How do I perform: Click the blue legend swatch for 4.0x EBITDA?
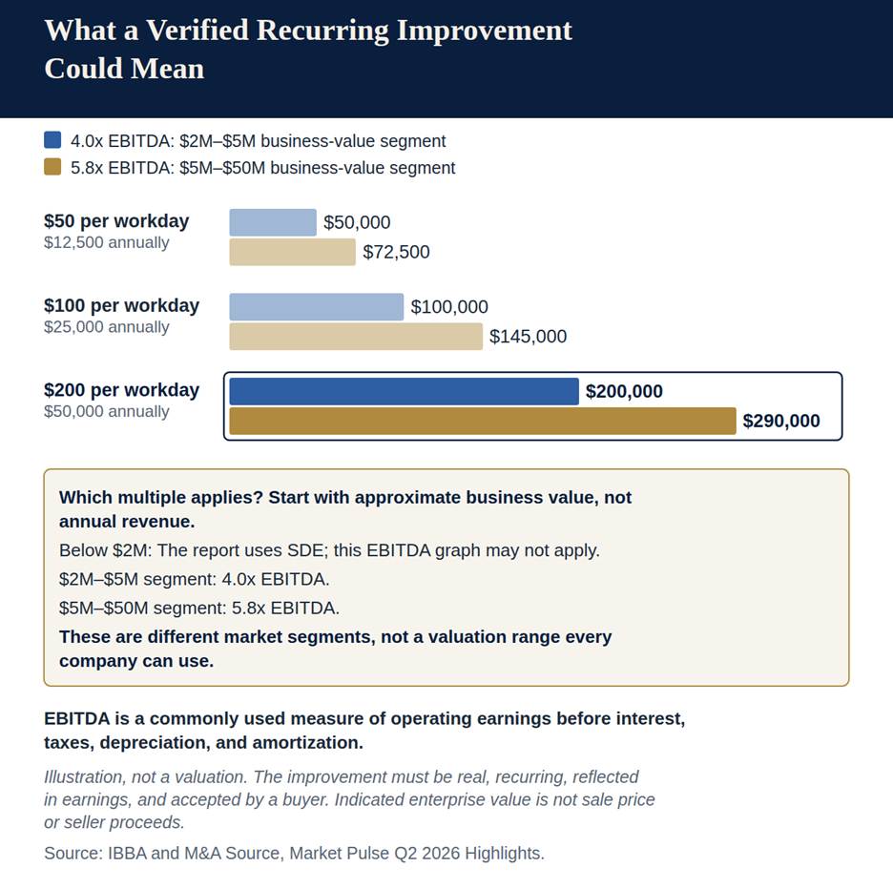52,140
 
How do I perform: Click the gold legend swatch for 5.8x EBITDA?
52,167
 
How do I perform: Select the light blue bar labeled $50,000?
273,222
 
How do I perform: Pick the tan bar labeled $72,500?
292,252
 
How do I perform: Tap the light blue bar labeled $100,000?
317,307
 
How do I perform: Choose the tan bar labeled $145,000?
356,337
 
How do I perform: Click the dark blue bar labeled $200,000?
404,391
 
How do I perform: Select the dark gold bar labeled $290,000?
483,421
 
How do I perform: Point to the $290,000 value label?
781,421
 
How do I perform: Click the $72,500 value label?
396,252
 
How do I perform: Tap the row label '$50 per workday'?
116,221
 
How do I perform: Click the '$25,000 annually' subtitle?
107,327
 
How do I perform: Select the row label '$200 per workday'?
121,390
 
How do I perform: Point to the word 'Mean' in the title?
168,69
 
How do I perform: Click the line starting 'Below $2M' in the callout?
329,550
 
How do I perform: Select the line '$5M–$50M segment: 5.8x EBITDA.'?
199,608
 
